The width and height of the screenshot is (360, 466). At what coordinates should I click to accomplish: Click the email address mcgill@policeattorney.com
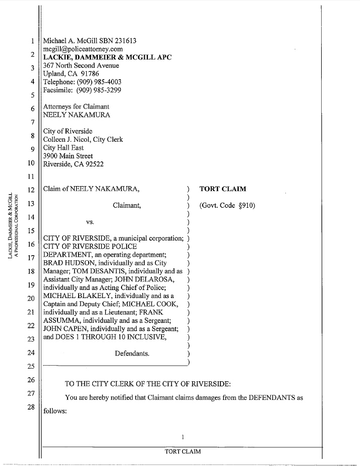pyautogui.click(x=83, y=49)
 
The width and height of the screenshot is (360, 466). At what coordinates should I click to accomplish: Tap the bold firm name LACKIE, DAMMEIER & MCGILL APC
pyautogui.click(x=107, y=57)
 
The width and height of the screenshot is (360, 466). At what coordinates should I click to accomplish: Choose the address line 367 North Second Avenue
pyautogui.click(x=81, y=66)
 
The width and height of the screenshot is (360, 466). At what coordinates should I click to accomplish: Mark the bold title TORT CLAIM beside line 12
pyautogui.click(x=223, y=189)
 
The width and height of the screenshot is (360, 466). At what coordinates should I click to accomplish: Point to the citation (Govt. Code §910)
pyautogui.click(x=227, y=205)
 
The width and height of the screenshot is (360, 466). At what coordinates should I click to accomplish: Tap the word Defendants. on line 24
pyautogui.click(x=132, y=354)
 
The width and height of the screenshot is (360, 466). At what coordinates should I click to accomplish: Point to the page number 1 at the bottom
pyautogui.click(x=183, y=437)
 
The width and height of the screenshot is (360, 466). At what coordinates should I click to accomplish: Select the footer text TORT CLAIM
pyautogui.click(x=183, y=451)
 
